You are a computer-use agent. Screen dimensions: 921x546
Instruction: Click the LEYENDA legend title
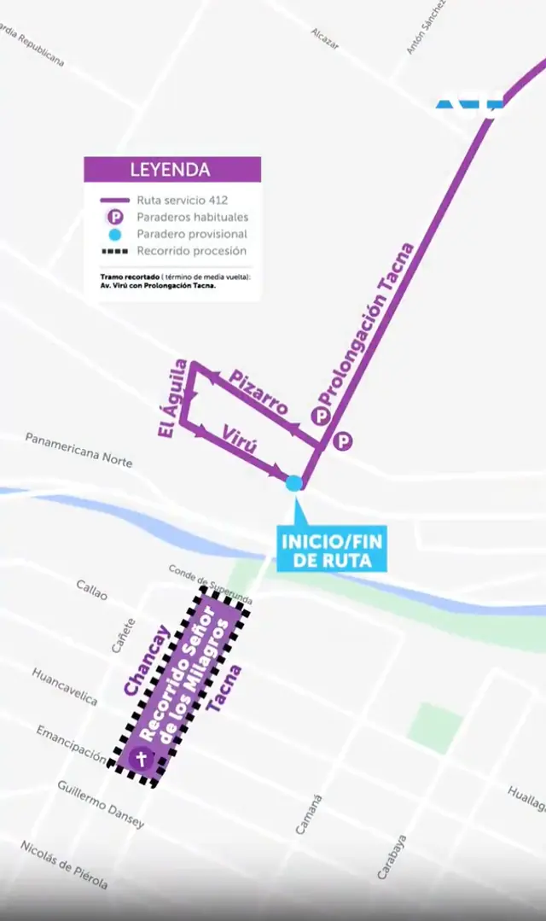[x=170, y=169]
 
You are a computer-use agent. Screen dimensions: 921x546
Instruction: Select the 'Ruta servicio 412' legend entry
[x=181, y=201]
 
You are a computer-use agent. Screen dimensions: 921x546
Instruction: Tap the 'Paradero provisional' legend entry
[x=191, y=234]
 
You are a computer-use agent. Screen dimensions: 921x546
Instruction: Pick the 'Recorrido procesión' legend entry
[x=191, y=251]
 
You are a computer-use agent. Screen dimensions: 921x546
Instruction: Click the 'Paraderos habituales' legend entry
[x=192, y=218]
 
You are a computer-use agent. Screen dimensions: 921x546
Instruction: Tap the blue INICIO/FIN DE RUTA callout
[x=333, y=551]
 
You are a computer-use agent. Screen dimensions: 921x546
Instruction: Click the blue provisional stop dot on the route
[x=294, y=483]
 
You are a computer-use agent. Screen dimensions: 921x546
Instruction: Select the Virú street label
[x=240, y=441]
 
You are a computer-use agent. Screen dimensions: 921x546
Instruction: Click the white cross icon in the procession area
[x=142, y=758]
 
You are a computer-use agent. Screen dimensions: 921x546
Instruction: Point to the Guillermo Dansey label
[x=101, y=804]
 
